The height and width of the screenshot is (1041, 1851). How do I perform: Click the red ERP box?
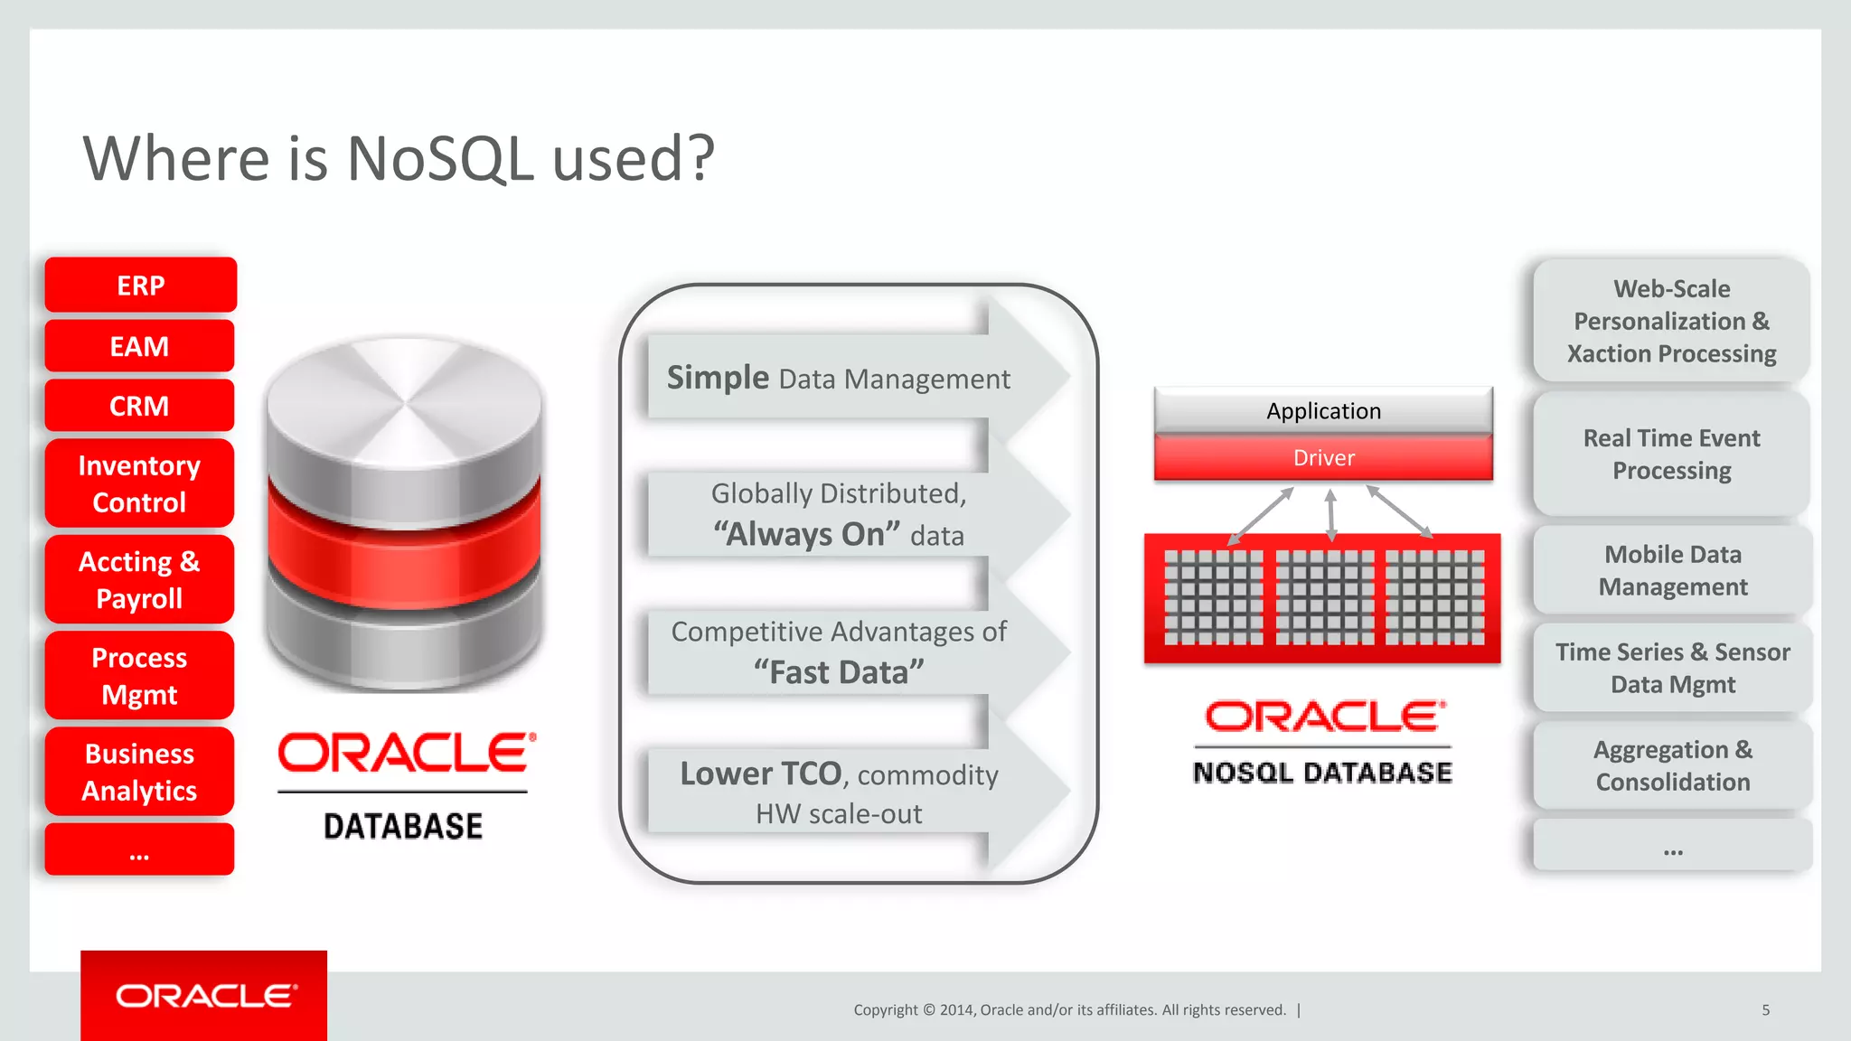140,285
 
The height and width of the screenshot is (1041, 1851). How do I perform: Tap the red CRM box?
139,406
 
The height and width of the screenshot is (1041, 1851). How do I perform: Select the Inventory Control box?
139,483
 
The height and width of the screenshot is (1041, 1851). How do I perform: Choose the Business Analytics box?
139,772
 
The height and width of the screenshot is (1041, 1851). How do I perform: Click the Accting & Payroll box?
139,579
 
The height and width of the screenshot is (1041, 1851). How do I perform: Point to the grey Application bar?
1323,411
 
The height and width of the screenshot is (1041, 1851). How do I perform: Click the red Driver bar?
1323,458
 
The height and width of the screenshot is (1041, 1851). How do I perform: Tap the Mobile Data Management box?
1672,570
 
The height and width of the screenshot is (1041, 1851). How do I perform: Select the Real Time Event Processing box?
1671,454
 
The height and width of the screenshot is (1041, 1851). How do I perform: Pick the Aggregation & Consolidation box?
1672,765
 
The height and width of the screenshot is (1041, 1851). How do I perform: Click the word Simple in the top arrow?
718,378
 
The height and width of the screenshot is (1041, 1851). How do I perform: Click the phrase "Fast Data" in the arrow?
839,672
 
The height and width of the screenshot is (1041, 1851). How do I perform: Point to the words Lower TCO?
760,774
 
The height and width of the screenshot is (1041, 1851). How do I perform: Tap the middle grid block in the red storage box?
1324,597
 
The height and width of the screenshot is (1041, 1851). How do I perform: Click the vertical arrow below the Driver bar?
1330,515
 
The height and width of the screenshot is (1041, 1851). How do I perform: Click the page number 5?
1765,1010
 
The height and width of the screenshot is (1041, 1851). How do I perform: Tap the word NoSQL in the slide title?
441,159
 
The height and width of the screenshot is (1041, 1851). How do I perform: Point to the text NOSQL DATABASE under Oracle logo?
1322,773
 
